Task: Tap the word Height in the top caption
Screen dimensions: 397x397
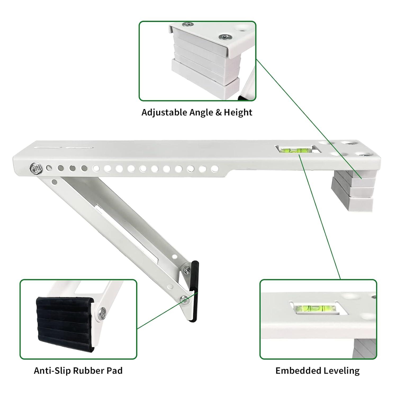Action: pyautogui.click(x=238, y=112)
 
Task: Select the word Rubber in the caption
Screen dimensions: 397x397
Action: pyautogui.click(x=88, y=371)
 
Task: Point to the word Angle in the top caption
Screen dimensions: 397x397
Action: pyautogui.click(x=201, y=112)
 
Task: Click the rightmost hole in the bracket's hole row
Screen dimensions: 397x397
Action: pyautogui.click(x=215, y=168)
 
